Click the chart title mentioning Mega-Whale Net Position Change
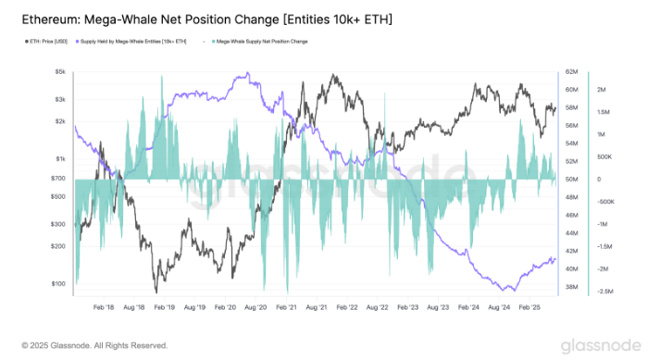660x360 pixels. [206, 19]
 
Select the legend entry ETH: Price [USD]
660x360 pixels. [49, 42]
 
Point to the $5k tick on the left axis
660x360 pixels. [58, 71]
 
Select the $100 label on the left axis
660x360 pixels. [57, 283]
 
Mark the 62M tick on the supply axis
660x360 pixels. [571, 71]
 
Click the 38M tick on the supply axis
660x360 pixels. [571, 287]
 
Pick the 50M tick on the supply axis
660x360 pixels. [571, 180]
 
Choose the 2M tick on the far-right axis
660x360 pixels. [601, 90]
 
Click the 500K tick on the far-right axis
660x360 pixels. [603, 157]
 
